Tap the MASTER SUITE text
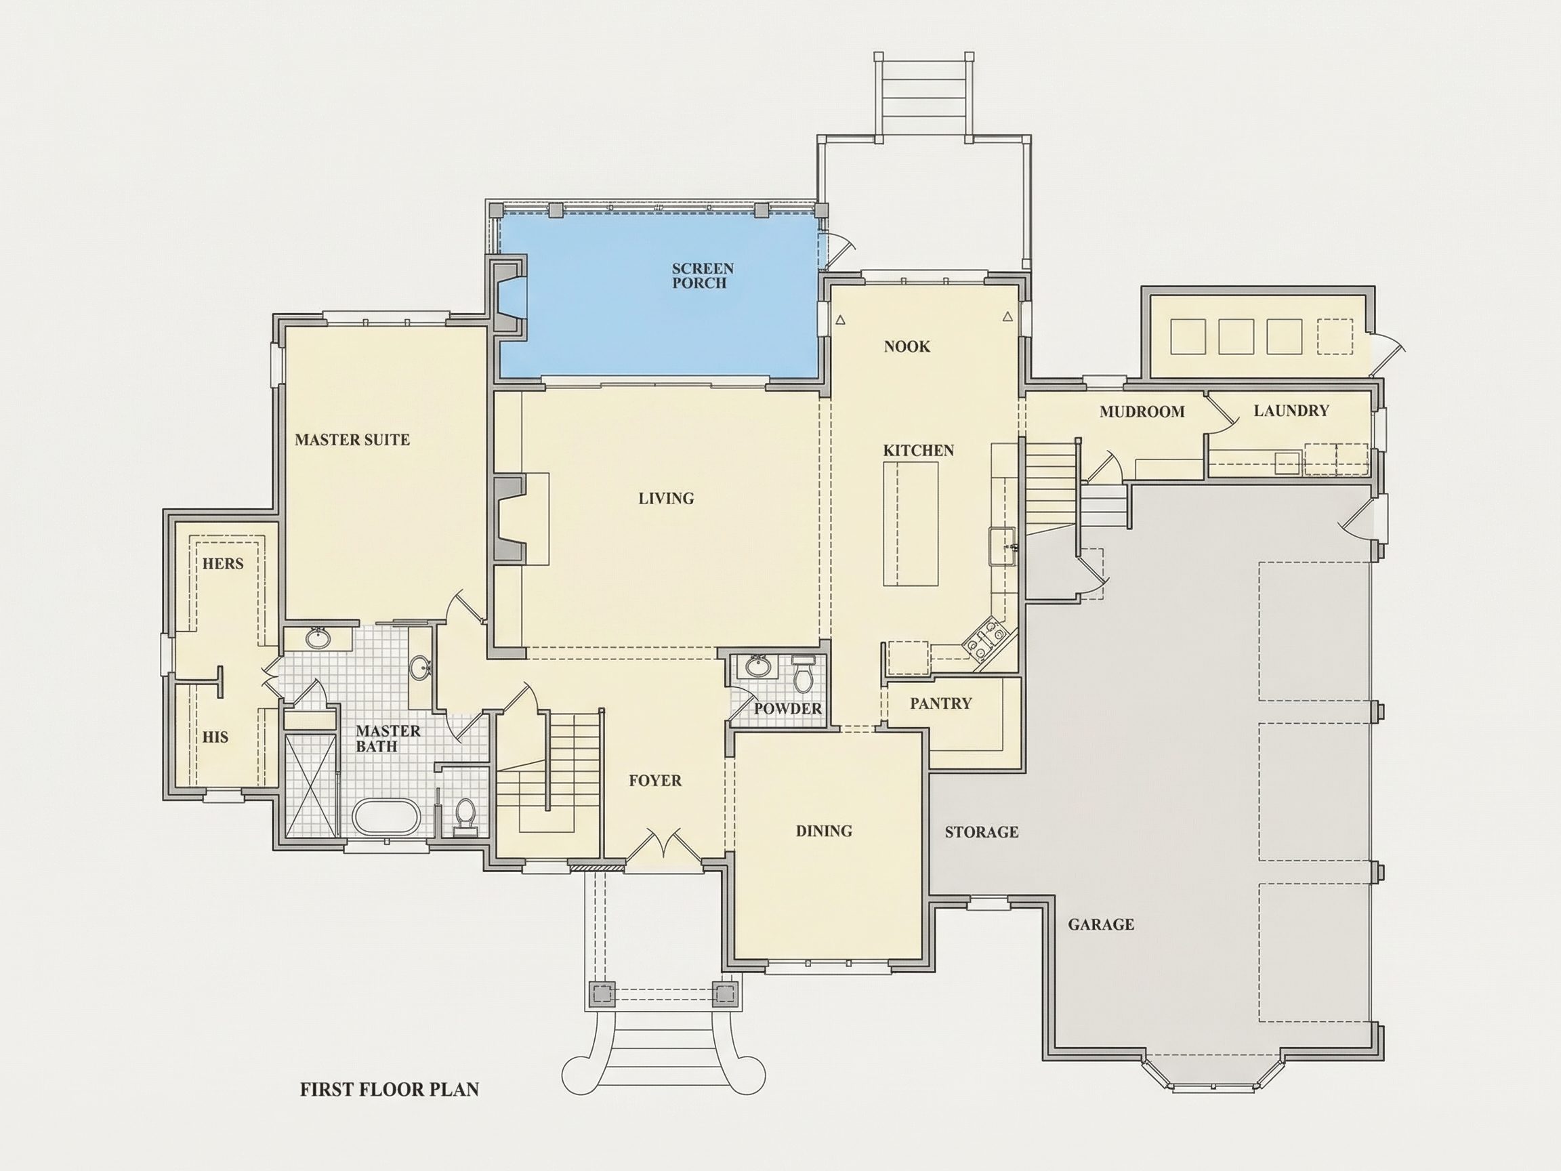point(352,440)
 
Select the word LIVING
point(666,498)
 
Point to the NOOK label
point(907,346)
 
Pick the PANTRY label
point(940,703)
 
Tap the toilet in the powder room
point(803,675)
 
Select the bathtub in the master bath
point(386,817)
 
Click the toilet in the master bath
point(465,816)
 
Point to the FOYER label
point(655,781)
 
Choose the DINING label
point(824,831)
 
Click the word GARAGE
point(1101,924)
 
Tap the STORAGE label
point(982,831)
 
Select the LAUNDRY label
point(1291,410)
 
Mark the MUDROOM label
point(1142,411)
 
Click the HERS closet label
point(222,563)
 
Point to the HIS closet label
point(215,737)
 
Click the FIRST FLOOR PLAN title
point(390,1089)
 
